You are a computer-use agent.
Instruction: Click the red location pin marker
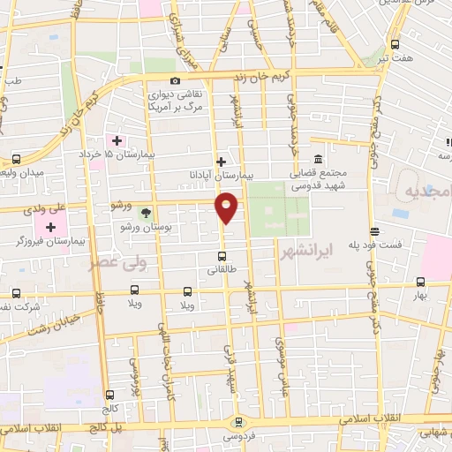coord(227,207)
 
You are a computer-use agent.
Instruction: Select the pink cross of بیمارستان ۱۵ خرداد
coord(117,139)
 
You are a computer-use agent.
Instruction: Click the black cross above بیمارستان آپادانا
coord(221,161)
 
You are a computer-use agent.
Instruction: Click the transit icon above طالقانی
coord(221,257)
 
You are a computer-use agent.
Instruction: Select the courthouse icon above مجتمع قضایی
coord(318,158)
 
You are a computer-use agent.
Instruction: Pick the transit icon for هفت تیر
coord(393,42)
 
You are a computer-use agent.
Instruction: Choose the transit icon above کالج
coord(109,395)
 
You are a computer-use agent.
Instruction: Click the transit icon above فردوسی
coord(238,421)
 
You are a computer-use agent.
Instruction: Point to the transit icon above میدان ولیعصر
coord(17,159)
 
